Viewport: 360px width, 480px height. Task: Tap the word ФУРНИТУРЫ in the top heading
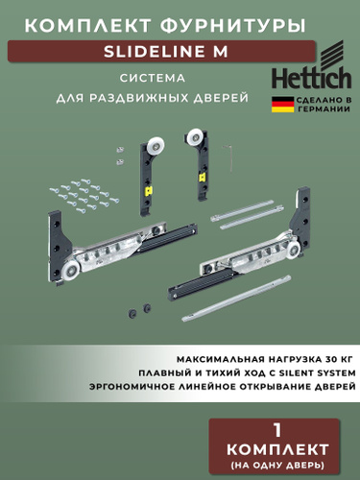(x=232, y=26)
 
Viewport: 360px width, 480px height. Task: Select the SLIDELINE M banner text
(x=166, y=52)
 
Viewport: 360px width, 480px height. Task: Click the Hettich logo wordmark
(x=311, y=78)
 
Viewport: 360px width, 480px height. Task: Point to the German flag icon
(x=282, y=105)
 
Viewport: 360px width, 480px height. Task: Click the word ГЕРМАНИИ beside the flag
(x=324, y=109)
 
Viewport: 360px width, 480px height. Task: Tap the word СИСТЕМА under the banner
(x=153, y=79)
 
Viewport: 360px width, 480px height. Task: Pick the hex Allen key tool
(x=228, y=158)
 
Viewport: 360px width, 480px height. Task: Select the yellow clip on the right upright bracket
(x=202, y=177)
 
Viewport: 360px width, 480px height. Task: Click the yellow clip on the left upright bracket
(x=149, y=191)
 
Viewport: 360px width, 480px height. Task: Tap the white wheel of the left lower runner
(x=72, y=268)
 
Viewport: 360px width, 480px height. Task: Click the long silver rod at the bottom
(x=236, y=298)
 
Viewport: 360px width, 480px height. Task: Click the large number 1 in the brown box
(x=277, y=430)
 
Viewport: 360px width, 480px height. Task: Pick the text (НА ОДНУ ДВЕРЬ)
(x=277, y=465)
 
